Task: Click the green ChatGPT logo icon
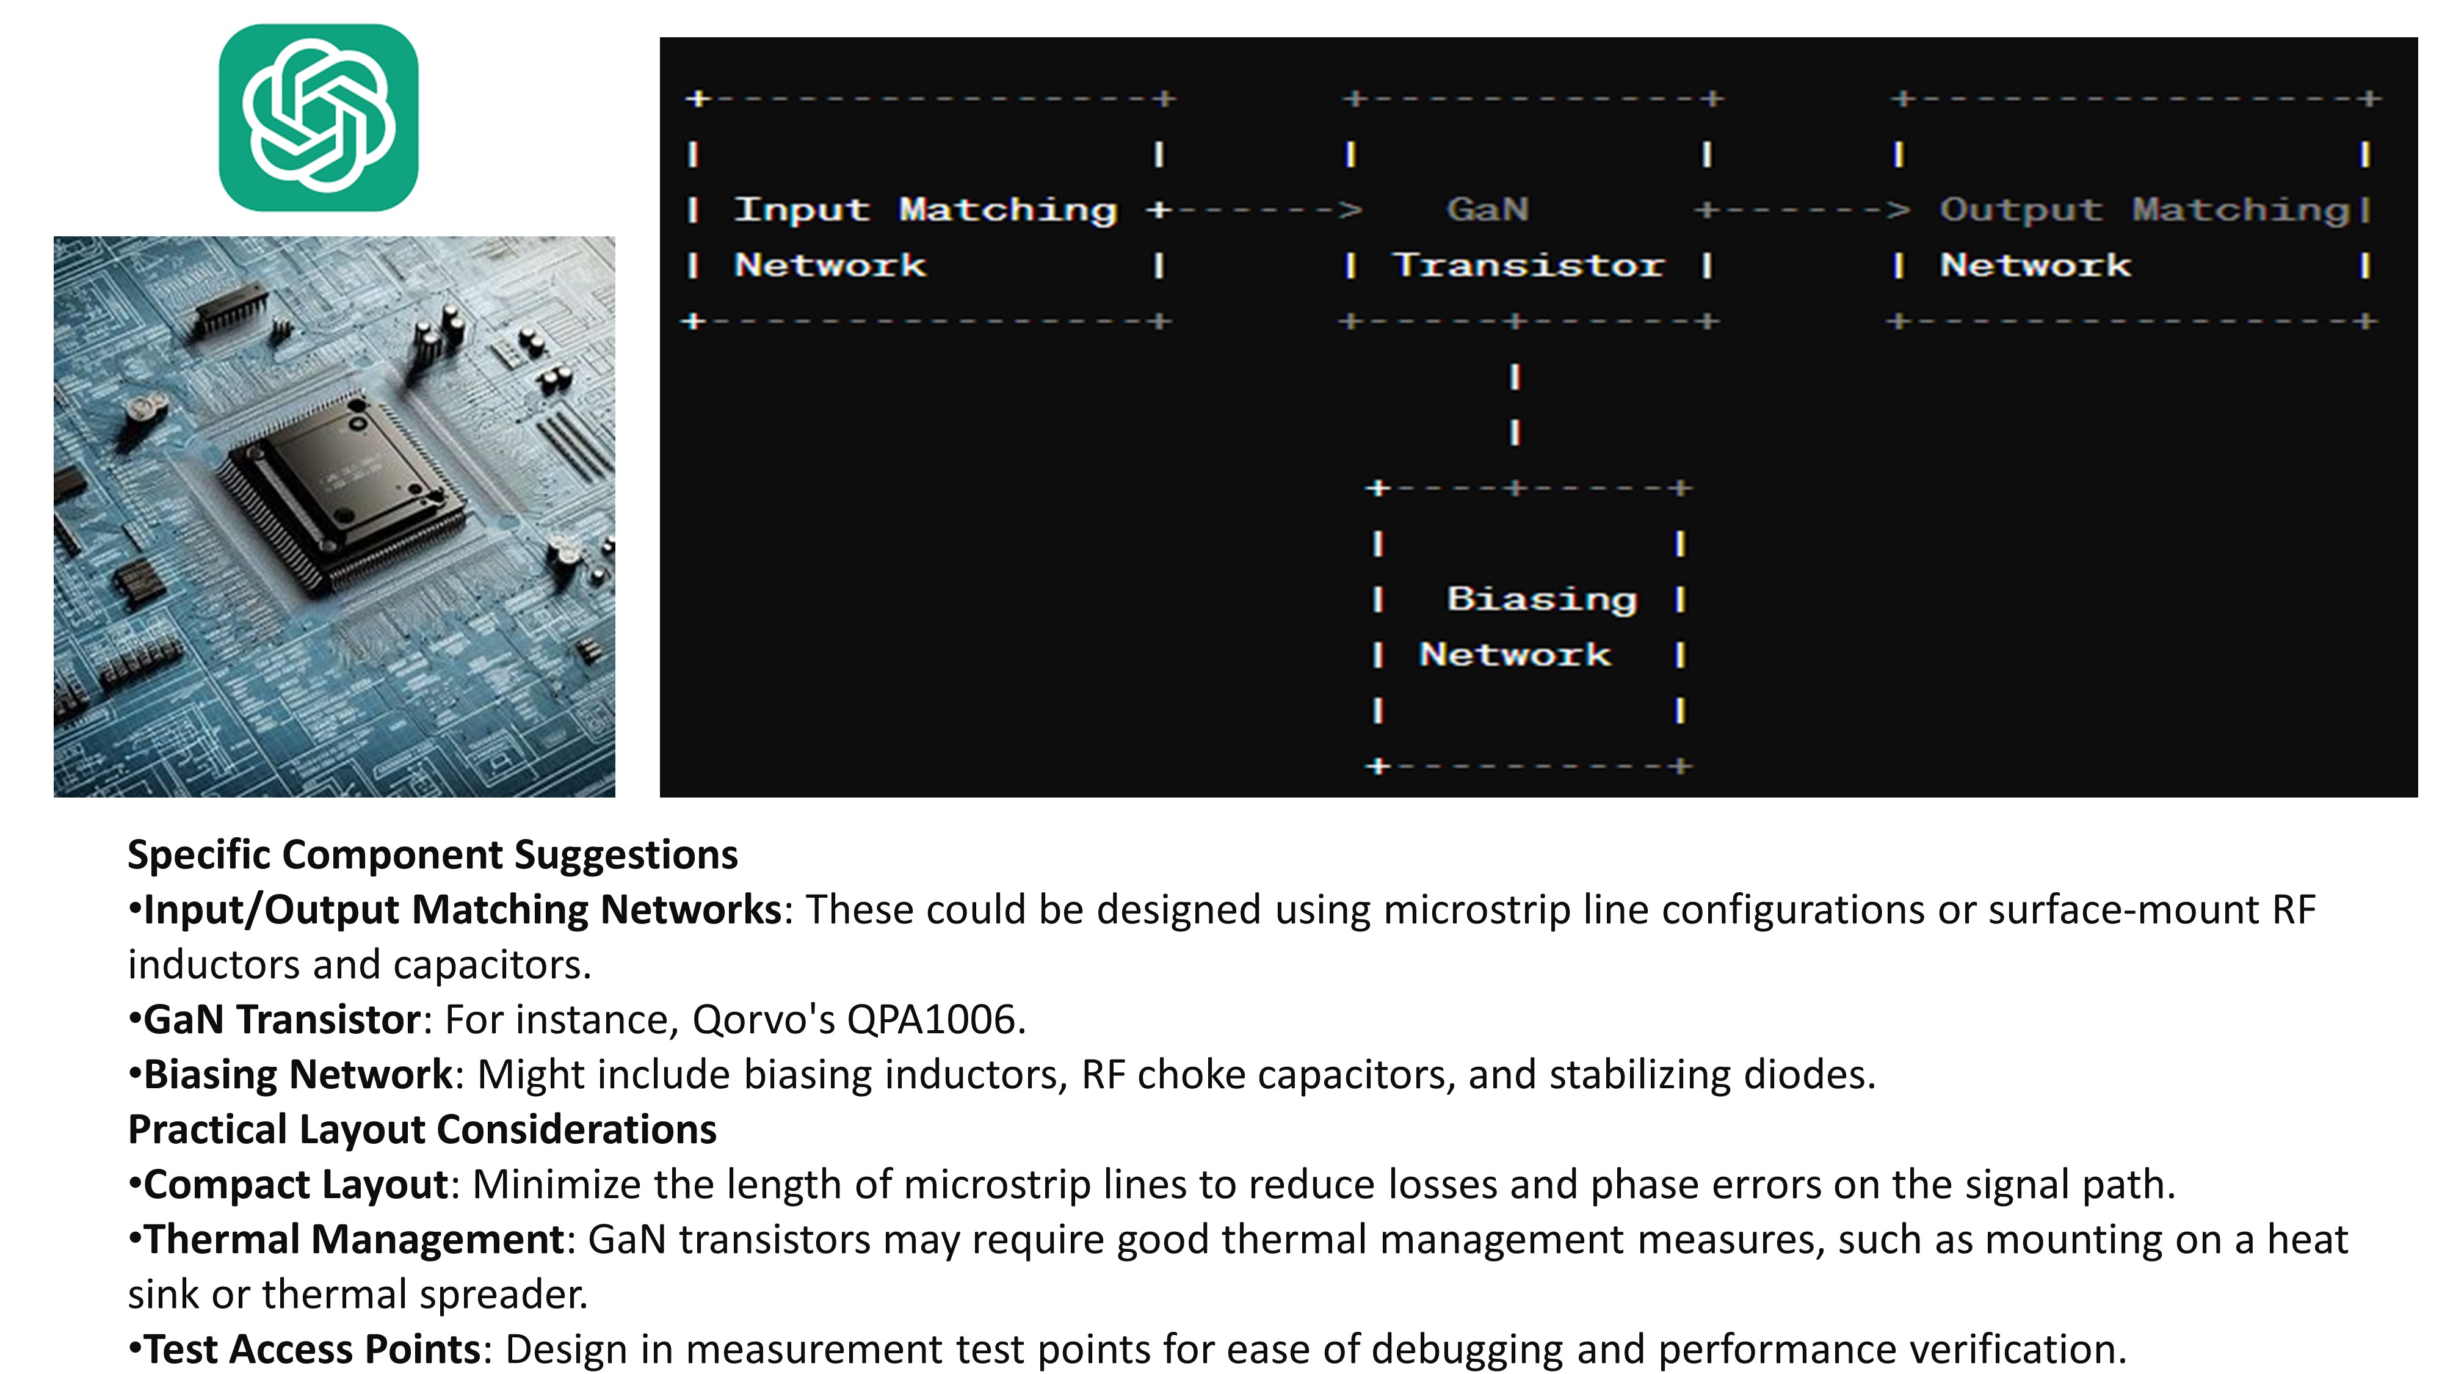pyautogui.click(x=319, y=118)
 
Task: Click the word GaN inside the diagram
pyautogui.click(x=1487, y=209)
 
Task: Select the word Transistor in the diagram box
pyautogui.click(x=1528, y=266)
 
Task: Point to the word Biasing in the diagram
pyautogui.click(x=1542, y=599)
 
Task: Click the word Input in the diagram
pyautogui.click(x=802, y=209)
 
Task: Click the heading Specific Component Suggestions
pyautogui.click(x=432, y=854)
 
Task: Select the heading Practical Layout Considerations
pyautogui.click(x=422, y=1129)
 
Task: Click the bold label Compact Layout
pyautogui.click(x=295, y=1184)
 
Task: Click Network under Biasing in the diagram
pyautogui.click(x=1515, y=654)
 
